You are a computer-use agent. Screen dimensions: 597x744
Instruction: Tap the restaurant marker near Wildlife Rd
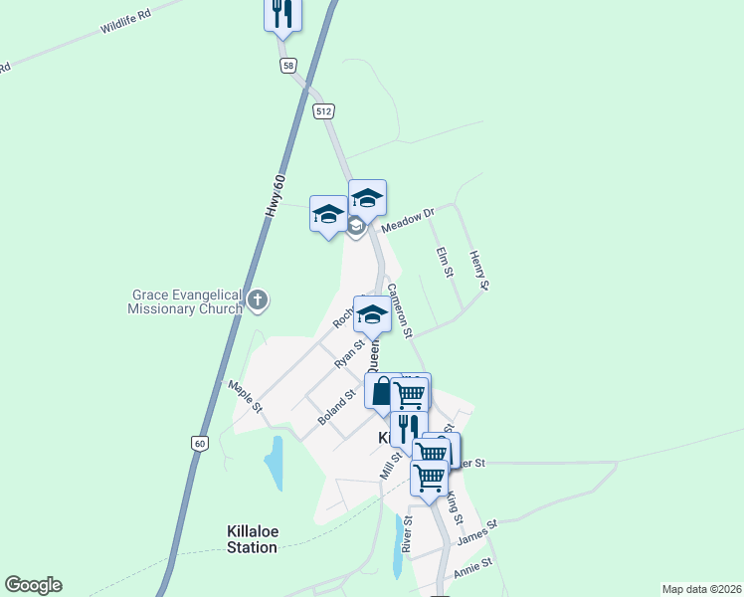pos(282,14)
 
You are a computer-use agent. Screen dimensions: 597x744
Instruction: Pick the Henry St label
pos(478,271)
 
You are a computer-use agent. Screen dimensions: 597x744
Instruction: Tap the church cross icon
pos(258,298)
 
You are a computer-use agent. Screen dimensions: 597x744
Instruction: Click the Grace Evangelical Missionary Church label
pos(186,301)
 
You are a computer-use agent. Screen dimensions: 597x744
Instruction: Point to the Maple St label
pos(245,396)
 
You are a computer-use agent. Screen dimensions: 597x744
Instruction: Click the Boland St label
pos(337,409)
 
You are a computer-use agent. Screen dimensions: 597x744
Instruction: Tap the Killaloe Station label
pos(252,539)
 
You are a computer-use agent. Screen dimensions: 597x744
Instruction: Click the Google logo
pos(33,585)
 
